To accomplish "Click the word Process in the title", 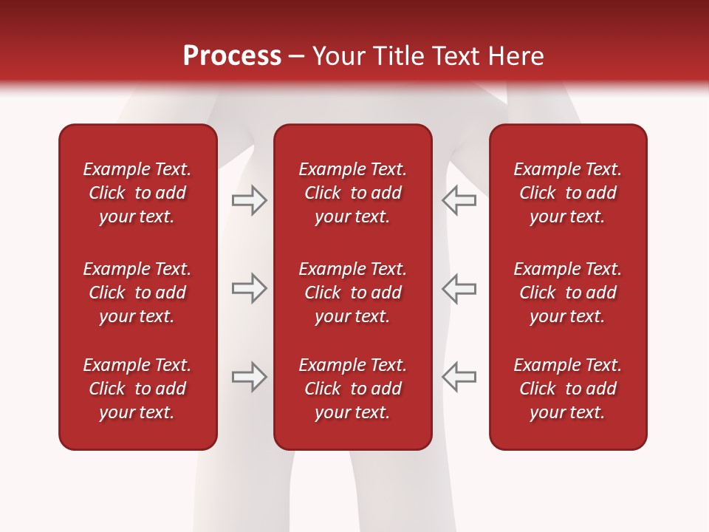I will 232,56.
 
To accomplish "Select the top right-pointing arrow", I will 249,200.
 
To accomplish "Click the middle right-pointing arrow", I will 249,288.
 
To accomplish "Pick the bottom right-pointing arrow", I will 249,376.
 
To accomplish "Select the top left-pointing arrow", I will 459,200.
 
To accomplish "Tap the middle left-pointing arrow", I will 459,288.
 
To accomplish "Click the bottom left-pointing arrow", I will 459,376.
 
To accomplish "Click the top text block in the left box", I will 137,193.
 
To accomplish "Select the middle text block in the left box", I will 137,293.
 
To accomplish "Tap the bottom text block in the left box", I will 137,389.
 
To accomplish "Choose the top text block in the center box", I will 352,193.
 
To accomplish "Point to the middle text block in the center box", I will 352,293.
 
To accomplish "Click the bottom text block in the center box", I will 352,389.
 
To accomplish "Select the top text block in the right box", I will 567,193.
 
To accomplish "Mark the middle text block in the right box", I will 567,293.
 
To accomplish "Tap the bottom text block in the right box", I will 567,389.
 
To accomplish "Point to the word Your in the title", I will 338,56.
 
